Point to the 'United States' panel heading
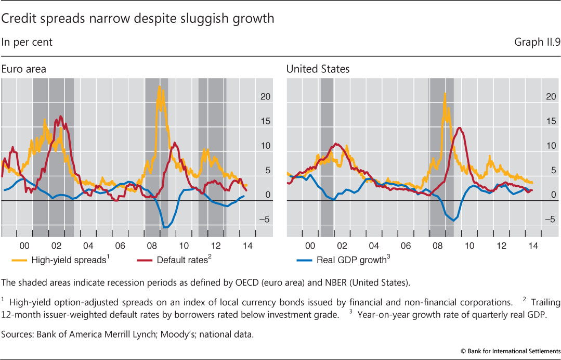pyautogui.click(x=318, y=69)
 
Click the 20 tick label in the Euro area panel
pyautogui.click(x=265, y=96)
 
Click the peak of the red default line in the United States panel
pyautogui.click(x=460, y=127)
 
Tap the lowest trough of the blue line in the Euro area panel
pyautogui.click(x=165, y=227)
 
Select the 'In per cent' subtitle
pyautogui.click(x=27, y=42)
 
